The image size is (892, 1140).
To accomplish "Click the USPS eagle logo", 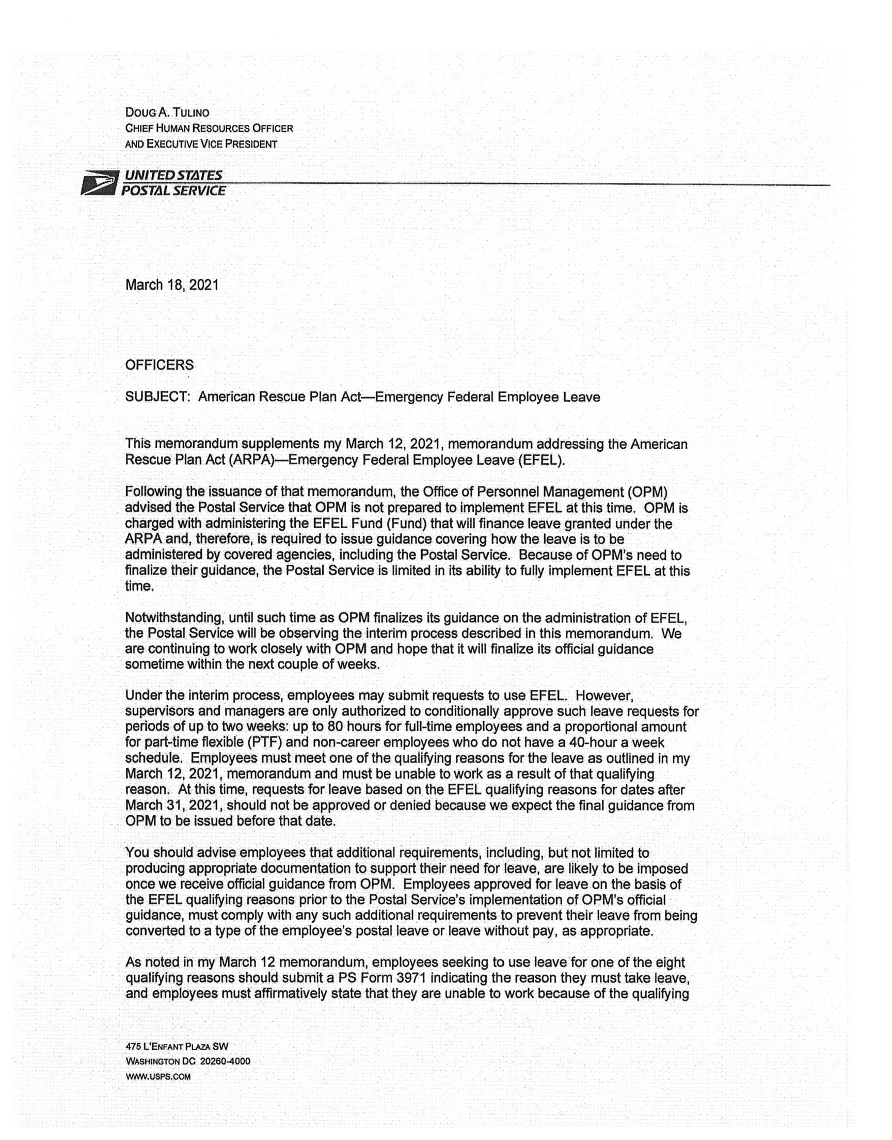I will click(100, 183).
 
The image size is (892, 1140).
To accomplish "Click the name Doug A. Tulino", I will click(167, 112).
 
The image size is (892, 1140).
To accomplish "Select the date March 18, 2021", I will click(172, 285).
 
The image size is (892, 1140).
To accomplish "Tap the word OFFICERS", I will click(160, 365).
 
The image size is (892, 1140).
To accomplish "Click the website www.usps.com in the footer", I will click(158, 1076).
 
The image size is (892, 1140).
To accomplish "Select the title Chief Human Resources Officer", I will click(209, 128).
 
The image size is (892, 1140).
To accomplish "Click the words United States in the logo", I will click(172, 176).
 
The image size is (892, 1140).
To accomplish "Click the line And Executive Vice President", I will click(201, 144).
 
